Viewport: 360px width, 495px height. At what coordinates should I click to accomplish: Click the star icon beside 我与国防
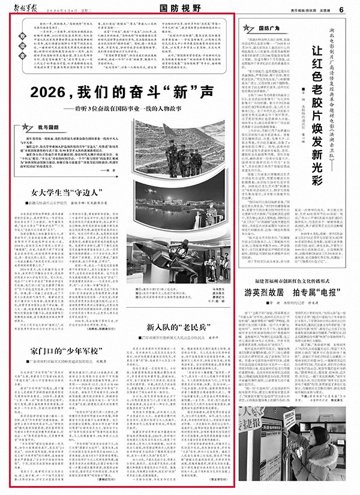coord(26,127)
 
